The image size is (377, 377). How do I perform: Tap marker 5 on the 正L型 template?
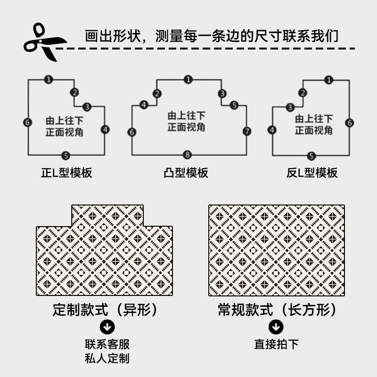click(66, 155)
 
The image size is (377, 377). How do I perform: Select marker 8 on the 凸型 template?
click(188, 155)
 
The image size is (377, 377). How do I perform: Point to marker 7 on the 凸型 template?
click(246, 131)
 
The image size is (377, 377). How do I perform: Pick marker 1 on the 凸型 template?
click(188, 80)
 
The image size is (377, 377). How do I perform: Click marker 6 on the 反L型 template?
click(349, 123)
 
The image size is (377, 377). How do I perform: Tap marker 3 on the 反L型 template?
click(290, 107)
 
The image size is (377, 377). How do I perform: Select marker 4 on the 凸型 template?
click(144, 105)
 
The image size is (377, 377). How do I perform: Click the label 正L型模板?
click(66, 172)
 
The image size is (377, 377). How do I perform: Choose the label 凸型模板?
click(186, 172)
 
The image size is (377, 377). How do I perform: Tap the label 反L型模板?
click(312, 172)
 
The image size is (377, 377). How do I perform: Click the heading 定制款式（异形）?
click(105, 310)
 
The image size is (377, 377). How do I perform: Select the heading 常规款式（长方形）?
click(277, 310)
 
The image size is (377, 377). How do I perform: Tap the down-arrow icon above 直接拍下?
click(276, 327)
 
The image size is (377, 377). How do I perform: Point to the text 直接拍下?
click(276, 344)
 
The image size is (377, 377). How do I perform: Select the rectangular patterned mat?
click(277, 250)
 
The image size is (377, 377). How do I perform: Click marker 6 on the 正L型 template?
click(28, 123)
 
